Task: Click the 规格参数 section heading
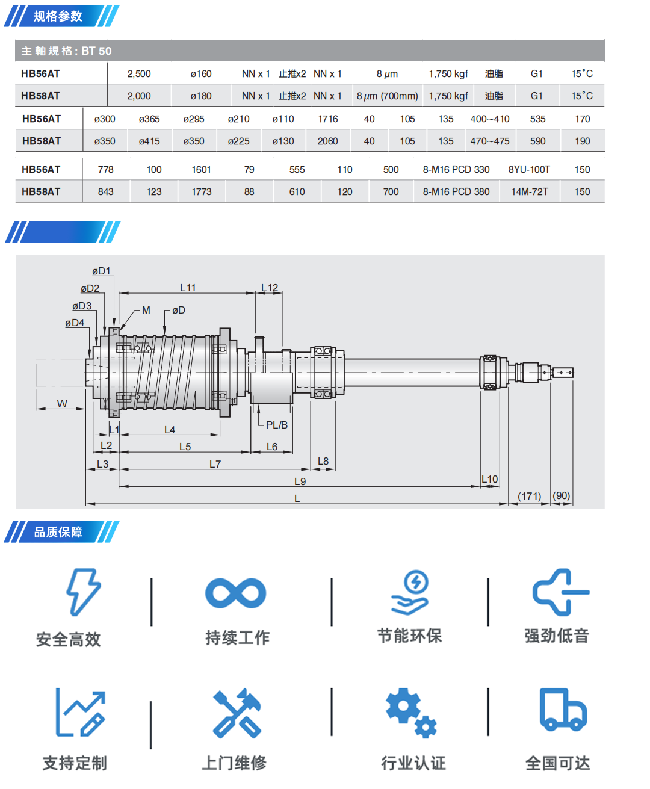click(58, 16)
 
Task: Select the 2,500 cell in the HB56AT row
click(139, 74)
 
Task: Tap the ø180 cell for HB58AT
click(201, 96)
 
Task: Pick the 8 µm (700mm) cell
click(387, 96)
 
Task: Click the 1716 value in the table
click(328, 119)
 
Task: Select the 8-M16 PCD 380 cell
click(456, 192)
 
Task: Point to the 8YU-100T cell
click(529, 170)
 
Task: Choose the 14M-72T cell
click(530, 192)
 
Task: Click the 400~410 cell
click(490, 119)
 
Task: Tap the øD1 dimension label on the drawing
click(101, 271)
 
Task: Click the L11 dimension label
click(188, 288)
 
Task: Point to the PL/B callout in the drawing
click(276, 425)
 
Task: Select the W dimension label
click(62, 404)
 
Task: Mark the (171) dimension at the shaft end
click(529, 496)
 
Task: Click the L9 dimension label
click(300, 481)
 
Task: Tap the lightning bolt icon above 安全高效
click(83, 592)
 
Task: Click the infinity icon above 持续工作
click(235, 593)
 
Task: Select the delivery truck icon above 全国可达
click(563, 710)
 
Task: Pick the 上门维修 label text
click(234, 763)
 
